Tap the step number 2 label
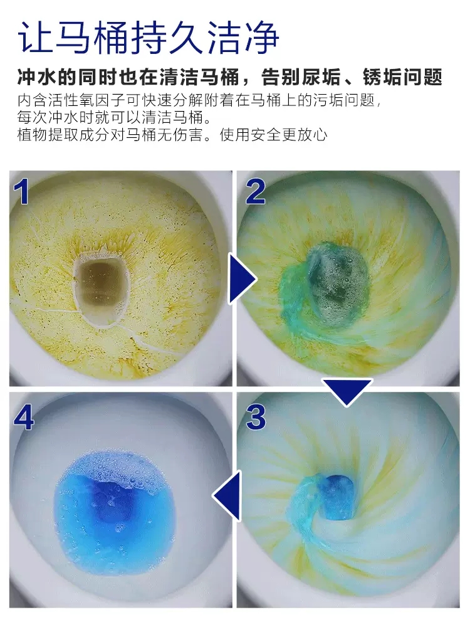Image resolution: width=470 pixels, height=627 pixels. coord(256,191)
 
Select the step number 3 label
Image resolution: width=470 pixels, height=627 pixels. coord(256,417)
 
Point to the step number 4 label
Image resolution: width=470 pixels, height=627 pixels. coord(24,419)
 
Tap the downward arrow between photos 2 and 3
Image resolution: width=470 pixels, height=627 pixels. coord(347,391)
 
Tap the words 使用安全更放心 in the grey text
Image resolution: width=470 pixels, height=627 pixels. coord(274,135)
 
